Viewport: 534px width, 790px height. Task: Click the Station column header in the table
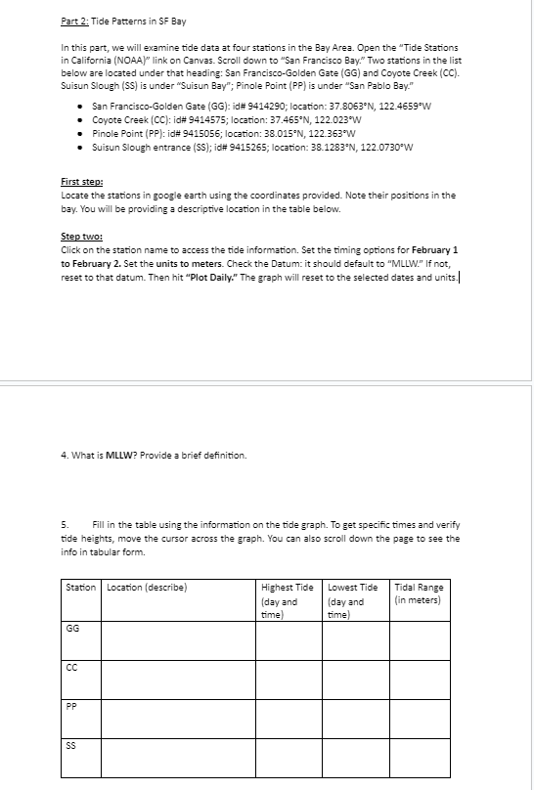click(80, 588)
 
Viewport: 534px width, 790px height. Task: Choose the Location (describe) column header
click(147, 588)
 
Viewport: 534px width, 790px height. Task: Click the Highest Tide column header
click(288, 588)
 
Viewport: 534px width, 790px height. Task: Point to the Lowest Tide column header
click(353, 588)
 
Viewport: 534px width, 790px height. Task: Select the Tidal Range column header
click(419, 588)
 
